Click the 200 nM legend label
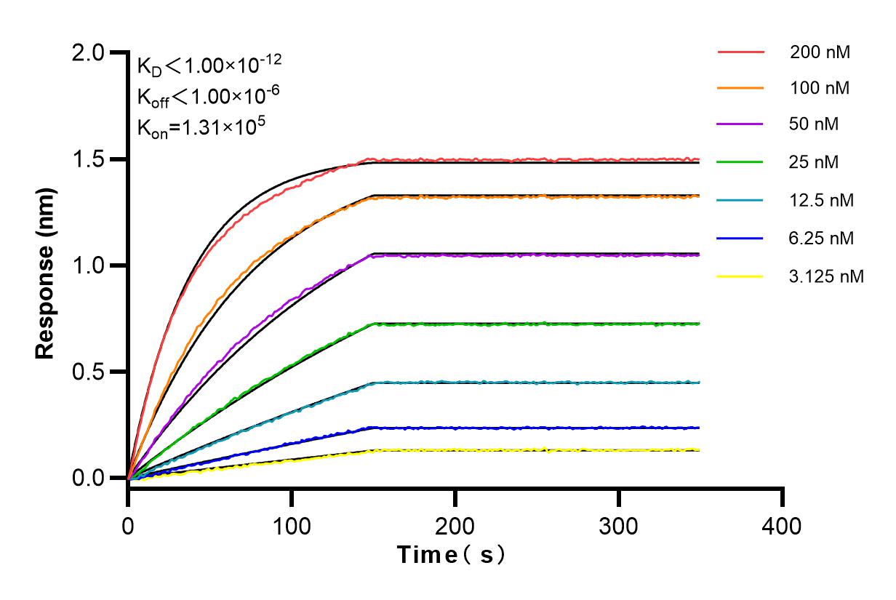click(820, 52)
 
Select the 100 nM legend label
click(820, 89)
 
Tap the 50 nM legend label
click(815, 124)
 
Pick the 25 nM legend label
click(815, 162)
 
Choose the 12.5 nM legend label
click(822, 200)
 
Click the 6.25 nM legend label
click(822, 238)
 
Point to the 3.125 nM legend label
click(827, 276)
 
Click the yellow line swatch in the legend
click(740, 276)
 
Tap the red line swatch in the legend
click(740, 52)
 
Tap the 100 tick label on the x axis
click(292, 524)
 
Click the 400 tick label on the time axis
click(783, 524)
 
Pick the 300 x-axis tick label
click(619, 524)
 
